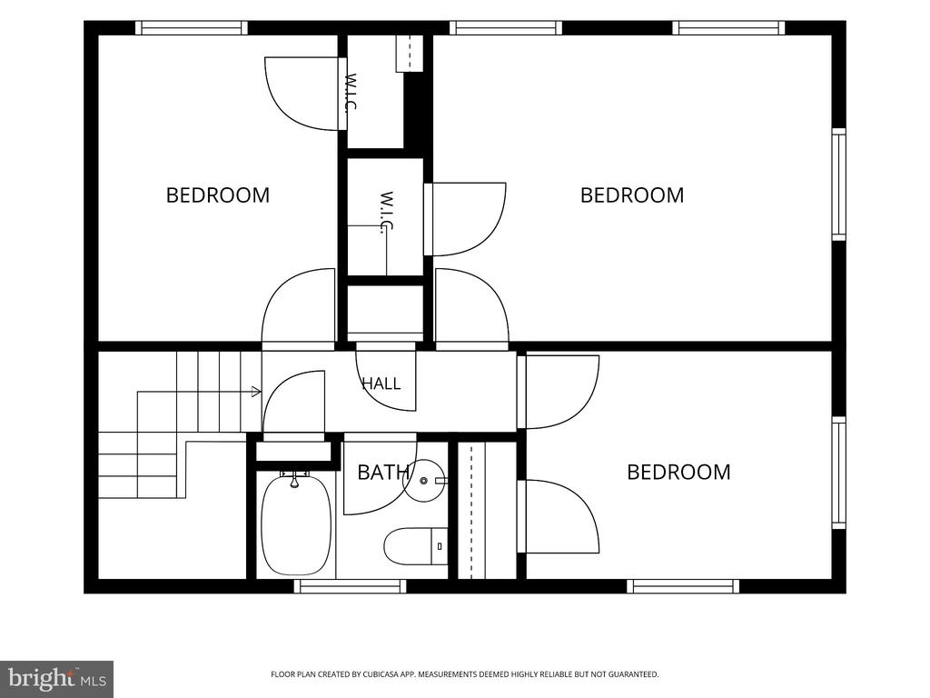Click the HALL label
click(381, 384)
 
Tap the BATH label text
click(383, 473)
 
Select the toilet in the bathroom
click(415, 546)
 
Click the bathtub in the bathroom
click(296, 525)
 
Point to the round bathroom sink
click(425, 480)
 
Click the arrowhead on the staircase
click(256, 392)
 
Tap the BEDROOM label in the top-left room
click(218, 195)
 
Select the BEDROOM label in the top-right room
click(632, 195)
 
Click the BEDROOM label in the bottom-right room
click(678, 473)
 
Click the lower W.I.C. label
click(386, 211)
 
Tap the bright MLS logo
click(57, 678)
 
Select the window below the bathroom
click(350, 586)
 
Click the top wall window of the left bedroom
click(191, 28)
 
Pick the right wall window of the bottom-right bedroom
click(838, 473)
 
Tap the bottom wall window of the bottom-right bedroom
click(683, 586)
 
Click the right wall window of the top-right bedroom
click(838, 184)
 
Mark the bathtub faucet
click(295, 479)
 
